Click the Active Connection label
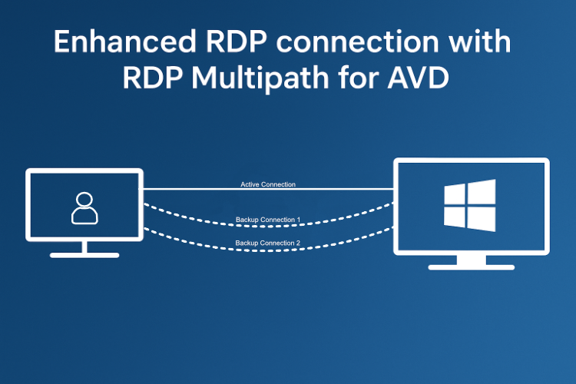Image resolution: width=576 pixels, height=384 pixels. [267, 185]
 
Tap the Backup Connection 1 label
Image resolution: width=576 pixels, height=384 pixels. [267, 220]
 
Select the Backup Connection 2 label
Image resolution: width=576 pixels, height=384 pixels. [267, 243]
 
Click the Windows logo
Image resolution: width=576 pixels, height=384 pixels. [470, 205]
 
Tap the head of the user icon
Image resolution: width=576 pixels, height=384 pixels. [84, 200]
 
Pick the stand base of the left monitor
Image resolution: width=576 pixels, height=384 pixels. [84, 253]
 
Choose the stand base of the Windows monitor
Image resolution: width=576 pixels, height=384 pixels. [471, 266]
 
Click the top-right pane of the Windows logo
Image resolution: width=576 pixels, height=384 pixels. [481, 192]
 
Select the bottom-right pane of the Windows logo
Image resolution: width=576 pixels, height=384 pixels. [481, 218]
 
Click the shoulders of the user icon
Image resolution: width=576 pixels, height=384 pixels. [84, 217]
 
